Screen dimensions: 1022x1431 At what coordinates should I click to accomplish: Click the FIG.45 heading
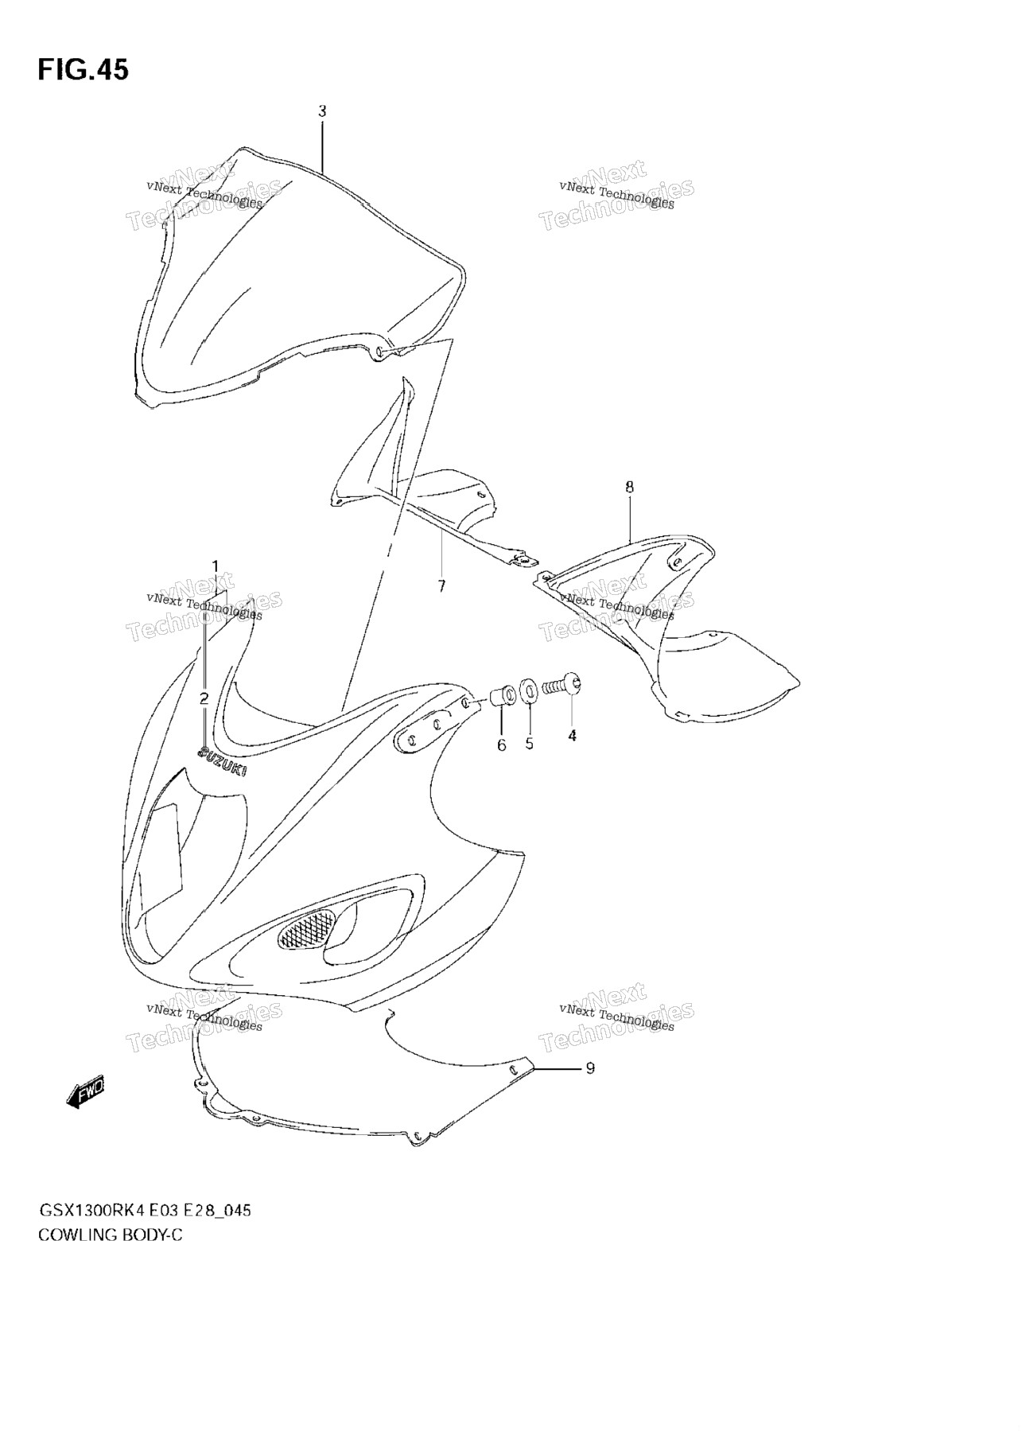point(83,70)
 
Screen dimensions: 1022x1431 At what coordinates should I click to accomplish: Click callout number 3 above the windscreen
point(322,112)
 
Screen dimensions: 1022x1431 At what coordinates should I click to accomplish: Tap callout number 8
point(630,487)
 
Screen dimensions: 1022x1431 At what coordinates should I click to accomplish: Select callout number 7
point(441,586)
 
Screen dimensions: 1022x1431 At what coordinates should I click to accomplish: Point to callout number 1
point(215,566)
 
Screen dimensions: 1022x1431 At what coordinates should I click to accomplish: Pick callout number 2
point(204,699)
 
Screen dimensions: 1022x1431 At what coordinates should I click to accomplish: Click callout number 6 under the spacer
point(501,745)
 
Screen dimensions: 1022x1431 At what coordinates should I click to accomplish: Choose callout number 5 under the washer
point(529,744)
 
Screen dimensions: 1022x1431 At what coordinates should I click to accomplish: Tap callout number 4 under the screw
point(572,736)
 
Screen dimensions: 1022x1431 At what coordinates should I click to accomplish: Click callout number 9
point(590,1068)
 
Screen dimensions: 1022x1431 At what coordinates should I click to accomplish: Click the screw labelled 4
point(563,683)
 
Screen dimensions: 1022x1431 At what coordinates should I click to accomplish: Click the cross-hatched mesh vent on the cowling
point(305,928)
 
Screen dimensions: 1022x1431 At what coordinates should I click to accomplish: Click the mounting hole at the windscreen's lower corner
point(381,351)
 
